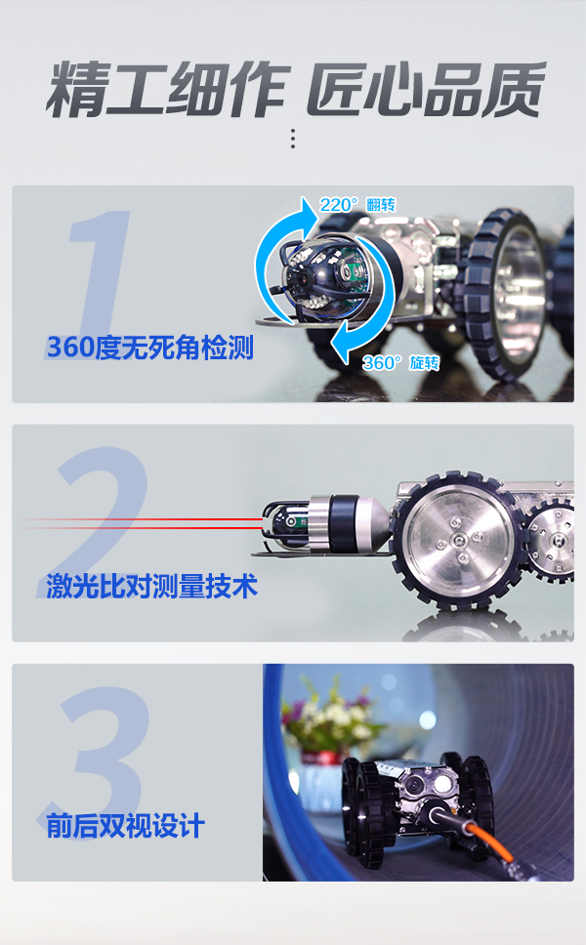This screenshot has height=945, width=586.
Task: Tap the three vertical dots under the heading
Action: coord(292,138)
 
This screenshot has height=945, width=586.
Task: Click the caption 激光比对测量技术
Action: coord(151,586)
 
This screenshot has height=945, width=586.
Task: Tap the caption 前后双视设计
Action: coord(125,826)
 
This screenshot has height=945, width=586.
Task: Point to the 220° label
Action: coord(340,205)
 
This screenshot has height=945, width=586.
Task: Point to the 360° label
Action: coord(382,363)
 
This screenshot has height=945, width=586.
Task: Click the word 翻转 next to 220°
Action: coord(381,205)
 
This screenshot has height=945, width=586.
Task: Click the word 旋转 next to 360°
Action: coord(424,363)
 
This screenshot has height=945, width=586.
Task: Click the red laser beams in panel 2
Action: coord(146,523)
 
